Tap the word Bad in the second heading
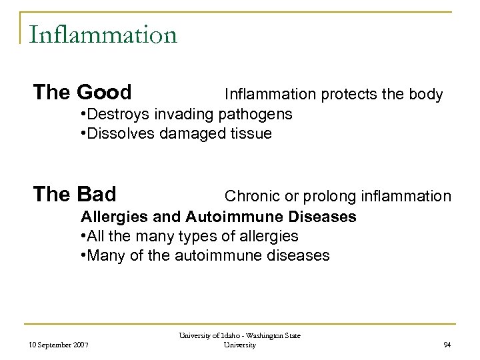tap(97, 194)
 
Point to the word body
tap(426, 95)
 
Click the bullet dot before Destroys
tap(83, 114)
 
